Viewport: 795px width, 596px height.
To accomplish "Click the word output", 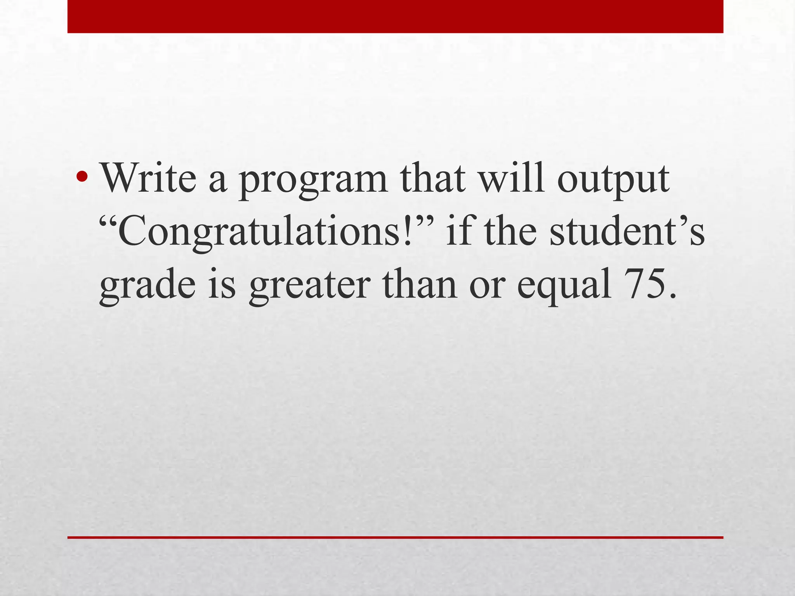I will [614, 182].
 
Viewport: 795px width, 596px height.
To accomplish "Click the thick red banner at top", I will [395, 16].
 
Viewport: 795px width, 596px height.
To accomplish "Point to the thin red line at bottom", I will [395, 537].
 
